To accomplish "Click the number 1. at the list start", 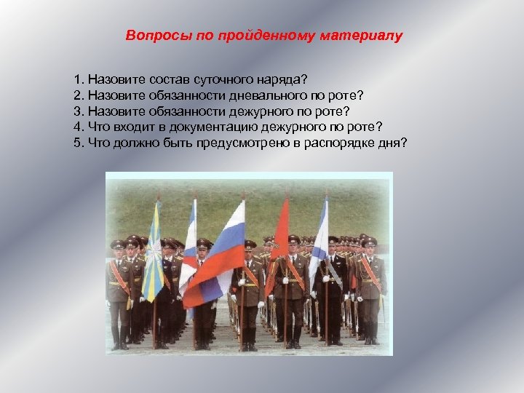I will click(x=79, y=78).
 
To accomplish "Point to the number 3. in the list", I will click(x=79, y=110).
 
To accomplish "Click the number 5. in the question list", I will click(x=79, y=142).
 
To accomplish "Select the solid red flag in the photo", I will click(x=279, y=240).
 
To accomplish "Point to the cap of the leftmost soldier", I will click(x=117, y=244).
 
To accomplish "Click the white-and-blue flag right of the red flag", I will click(x=319, y=240).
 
